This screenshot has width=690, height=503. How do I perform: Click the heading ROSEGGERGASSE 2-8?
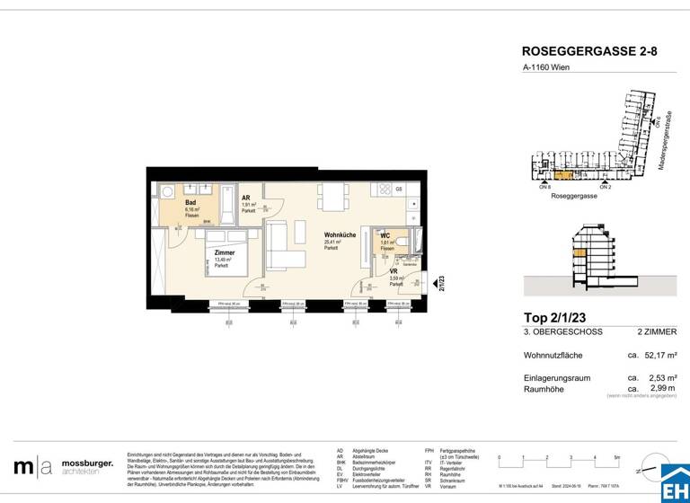click(x=589, y=53)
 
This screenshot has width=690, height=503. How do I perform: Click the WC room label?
click(x=385, y=235)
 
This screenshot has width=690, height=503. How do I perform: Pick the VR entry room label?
click(x=394, y=271)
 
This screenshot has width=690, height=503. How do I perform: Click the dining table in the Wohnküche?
click(x=332, y=195)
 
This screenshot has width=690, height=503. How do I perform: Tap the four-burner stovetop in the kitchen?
click(x=387, y=190)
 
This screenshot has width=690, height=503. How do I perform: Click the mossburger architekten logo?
click(x=63, y=466)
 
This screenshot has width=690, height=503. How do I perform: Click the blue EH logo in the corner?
click(x=674, y=485)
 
